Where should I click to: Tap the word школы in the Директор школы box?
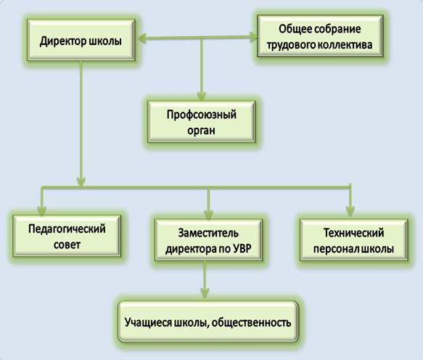[x=105, y=41]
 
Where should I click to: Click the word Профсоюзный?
[x=201, y=115]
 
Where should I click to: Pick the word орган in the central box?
[x=201, y=131]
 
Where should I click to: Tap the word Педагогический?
[x=67, y=229]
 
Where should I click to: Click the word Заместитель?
[x=208, y=233]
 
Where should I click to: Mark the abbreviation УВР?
[x=242, y=248]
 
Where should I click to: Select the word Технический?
[x=353, y=233]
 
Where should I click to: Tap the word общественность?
[x=251, y=323]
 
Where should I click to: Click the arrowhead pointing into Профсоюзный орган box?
[x=201, y=97]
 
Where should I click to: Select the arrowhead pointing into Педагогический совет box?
[x=42, y=210]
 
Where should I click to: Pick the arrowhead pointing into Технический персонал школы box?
[x=350, y=211]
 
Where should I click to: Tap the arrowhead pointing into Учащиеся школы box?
[x=205, y=292]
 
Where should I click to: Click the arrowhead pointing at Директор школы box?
[x=143, y=38]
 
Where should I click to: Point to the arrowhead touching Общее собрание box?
[x=254, y=37]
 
